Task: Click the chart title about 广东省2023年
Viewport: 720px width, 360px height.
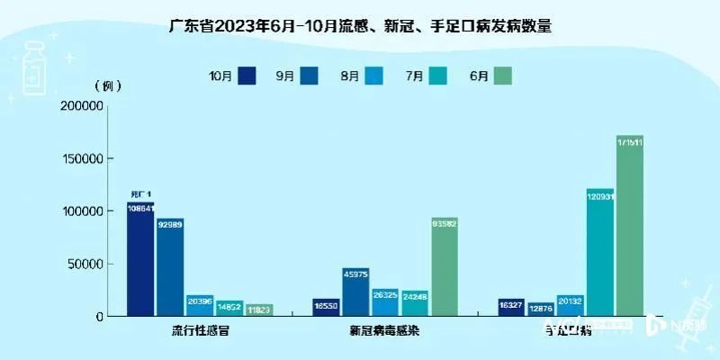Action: click(360, 27)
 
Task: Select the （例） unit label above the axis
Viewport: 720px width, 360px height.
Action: click(106, 86)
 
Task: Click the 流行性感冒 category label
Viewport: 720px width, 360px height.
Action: click(200, 330)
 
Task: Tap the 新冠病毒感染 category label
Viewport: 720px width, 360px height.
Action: click(384, 330)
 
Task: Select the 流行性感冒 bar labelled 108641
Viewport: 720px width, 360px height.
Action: click(140, 261)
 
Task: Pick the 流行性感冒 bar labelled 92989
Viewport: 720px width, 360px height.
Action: click(169, 268)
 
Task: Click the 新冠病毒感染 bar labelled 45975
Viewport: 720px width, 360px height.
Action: click(355, 292)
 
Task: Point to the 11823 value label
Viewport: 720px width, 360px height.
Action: click(259, 310)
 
